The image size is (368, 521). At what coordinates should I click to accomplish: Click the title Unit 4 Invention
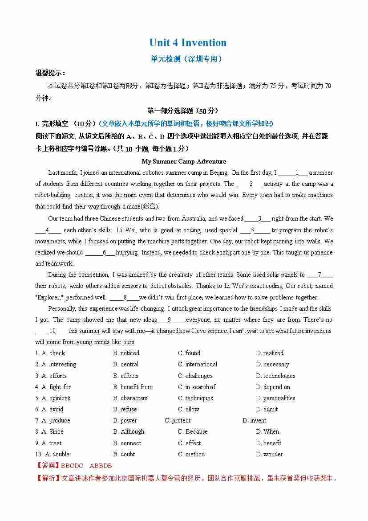click(188, 43)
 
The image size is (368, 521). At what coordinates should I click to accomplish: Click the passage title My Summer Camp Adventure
click(184, 161)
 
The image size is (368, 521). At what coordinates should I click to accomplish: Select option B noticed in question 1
click(126, 353)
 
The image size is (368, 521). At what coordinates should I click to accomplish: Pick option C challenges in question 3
click(195, 376)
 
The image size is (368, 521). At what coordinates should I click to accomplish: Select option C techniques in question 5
click(195, 398)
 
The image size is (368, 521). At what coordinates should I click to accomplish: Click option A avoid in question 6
click(53, 409)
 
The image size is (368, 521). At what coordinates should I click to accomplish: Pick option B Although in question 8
click(129, 431)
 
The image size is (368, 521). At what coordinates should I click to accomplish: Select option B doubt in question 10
click(124, 454)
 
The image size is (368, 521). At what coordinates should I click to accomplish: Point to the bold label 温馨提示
click(50, 73)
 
